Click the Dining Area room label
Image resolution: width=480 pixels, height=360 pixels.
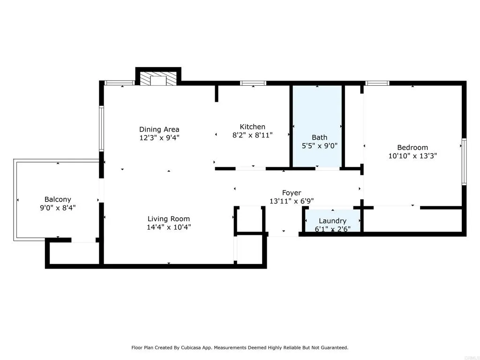coord(159,129)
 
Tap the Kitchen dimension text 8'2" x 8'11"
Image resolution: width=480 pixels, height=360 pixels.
coord(253,135)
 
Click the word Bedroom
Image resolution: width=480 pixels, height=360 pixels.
coord(412,147)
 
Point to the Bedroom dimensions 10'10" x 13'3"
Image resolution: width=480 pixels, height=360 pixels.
coord(412,156)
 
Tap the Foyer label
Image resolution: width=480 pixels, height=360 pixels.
coord(291,193)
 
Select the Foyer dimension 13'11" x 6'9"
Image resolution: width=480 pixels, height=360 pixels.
coord(291,201)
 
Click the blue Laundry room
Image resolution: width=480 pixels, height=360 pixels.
coord(332,220)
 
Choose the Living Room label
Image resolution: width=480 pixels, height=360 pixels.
coord(169,218)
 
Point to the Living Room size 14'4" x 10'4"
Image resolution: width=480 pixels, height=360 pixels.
coord(169,227)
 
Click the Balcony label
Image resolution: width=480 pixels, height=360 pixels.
coord(58,199)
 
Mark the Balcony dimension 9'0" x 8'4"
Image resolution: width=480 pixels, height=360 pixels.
coord(58,208)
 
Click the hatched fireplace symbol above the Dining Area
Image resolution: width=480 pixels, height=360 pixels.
coord(158,79)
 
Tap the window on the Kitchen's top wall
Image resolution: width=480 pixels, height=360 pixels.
coord(253,83)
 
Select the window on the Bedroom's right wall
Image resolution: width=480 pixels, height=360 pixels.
coord(464,161)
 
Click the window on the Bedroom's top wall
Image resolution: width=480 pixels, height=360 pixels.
coord(377,83)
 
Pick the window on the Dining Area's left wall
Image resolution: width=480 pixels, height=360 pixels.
coord(101,128)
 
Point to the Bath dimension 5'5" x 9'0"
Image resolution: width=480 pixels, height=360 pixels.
coord(319,146)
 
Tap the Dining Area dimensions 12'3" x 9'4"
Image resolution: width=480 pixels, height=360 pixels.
coord(159,138)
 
